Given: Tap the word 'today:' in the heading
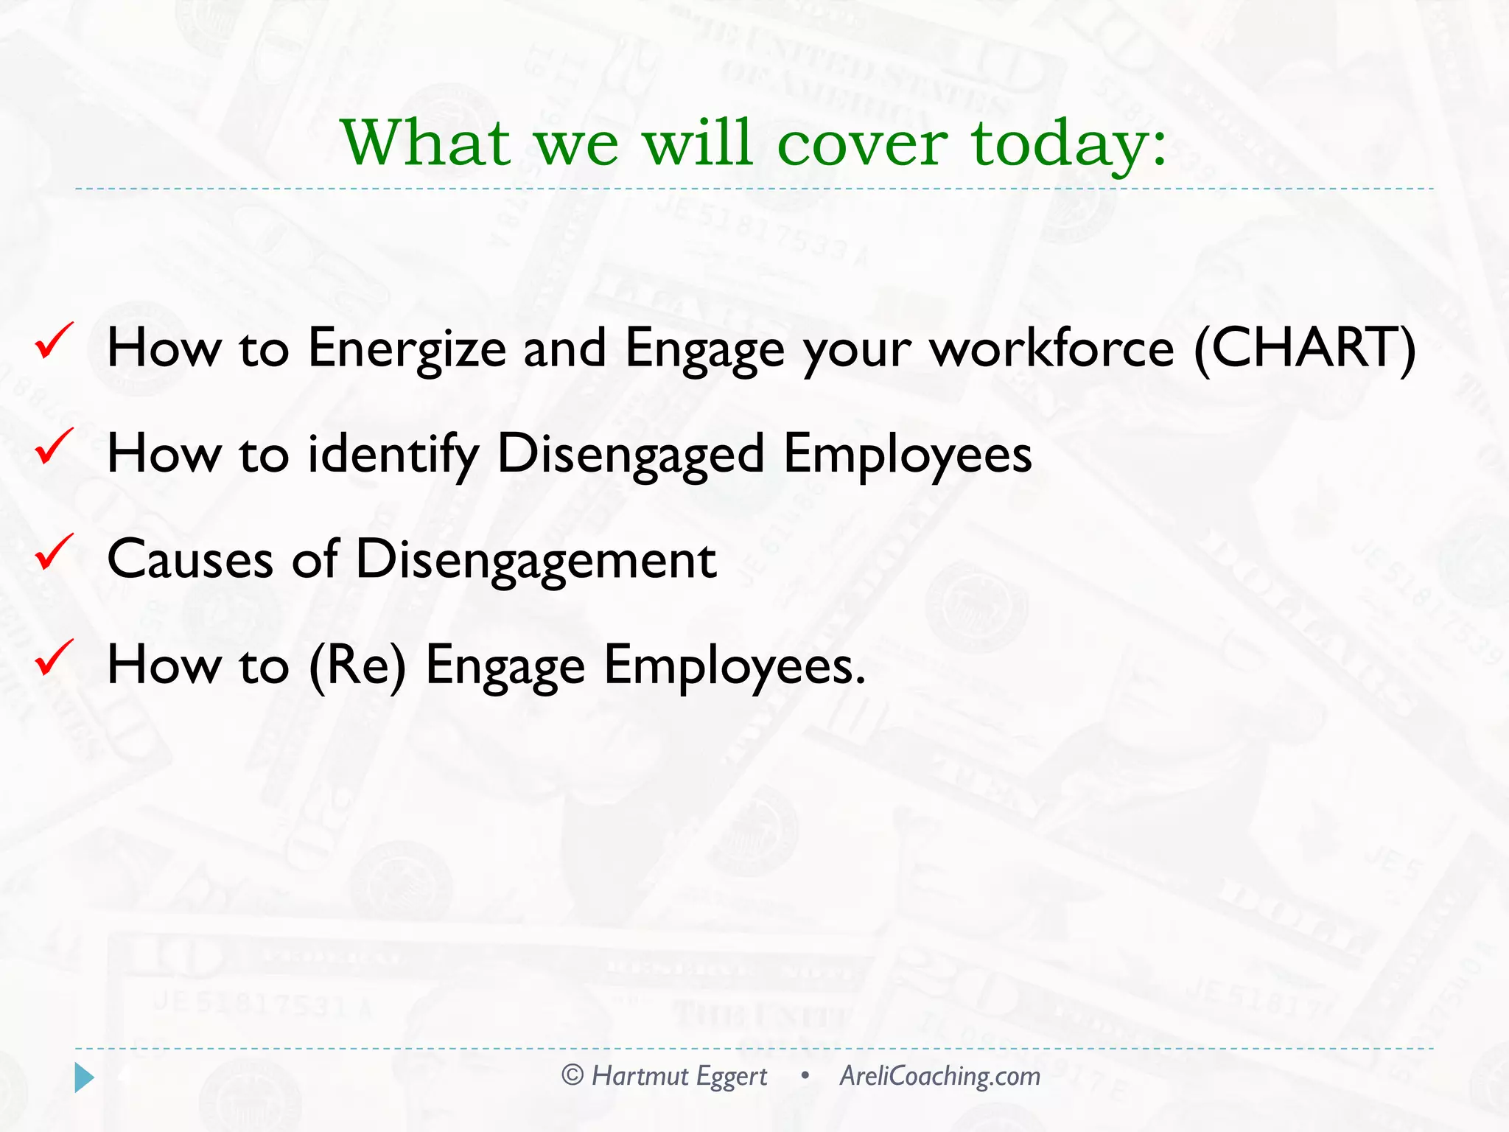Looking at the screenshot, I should (x=1068, y=144).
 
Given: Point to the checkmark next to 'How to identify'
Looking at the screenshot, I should (x=54, y=447).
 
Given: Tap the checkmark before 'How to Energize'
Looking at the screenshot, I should (x=54, y=341).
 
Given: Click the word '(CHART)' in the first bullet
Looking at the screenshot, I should (x=1304, y=348).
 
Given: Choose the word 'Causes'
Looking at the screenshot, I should (x=190, y=559).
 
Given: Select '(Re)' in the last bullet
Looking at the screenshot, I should (x=357, y=665).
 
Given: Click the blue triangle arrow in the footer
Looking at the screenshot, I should (x=84, y=1077).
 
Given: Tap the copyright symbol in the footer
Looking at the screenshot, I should (x=573, y=1075).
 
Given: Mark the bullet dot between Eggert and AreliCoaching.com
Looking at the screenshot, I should (x=805, y=1076).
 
